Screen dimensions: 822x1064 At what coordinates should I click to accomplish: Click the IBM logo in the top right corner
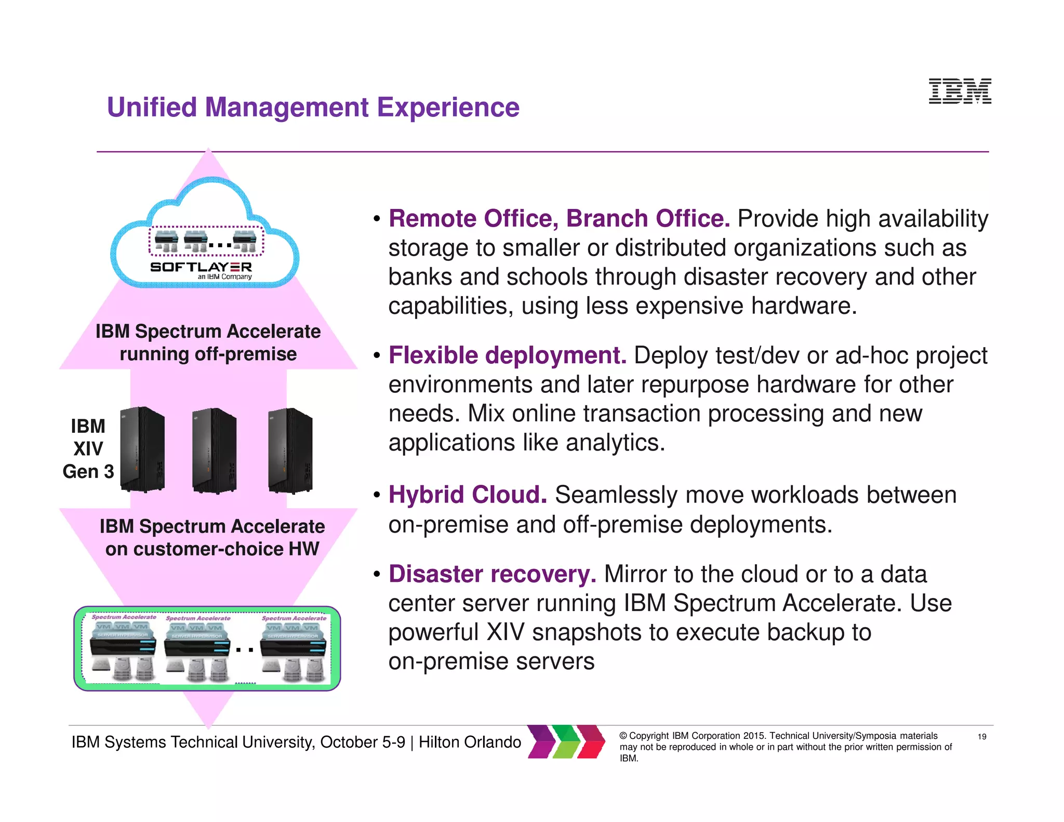tap(960, 91)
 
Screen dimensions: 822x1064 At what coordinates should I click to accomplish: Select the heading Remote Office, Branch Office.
tap(559, 219)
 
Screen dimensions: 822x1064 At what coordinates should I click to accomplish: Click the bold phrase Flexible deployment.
tap(507, 356)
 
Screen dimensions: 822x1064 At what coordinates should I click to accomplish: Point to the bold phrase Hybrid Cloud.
tap(468, 495)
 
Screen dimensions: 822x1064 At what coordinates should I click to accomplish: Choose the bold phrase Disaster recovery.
tap(492, 575)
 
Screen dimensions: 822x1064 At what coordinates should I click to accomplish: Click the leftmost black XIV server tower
tap(142, 449)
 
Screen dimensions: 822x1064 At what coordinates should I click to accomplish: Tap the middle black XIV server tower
tap(214, 450)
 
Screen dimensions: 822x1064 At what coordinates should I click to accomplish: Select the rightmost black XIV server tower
tap(290, 450)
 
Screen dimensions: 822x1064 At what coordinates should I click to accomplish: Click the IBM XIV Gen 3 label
tap(88, 449)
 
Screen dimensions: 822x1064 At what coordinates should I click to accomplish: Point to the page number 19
tap(981, 737)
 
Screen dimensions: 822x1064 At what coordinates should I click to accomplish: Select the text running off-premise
tap(208, 354)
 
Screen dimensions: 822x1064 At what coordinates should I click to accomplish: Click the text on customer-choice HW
tap(212, 549)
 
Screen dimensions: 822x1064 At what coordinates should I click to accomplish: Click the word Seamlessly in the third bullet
tap(616, 495)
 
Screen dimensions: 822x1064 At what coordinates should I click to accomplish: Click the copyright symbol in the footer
tap(623, 736)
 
